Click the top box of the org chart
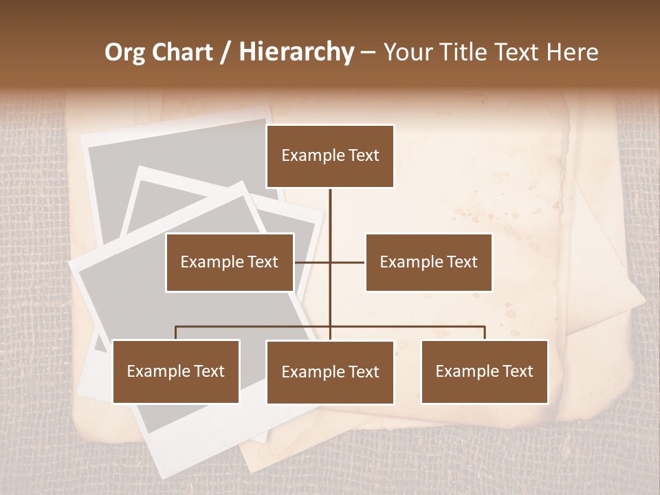point(330,156)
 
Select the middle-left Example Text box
point(230,262)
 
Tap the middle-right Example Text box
point(428,262)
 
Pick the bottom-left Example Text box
point(176,371)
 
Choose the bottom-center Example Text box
point(330,372)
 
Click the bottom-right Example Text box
point(484,371)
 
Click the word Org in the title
point(126,52)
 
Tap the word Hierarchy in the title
point(296,52)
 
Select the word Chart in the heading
point(184,52)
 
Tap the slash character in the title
point(228,52)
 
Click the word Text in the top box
point(364,155)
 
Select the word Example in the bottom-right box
point(465,371)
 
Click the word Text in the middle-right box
point(462,262)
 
